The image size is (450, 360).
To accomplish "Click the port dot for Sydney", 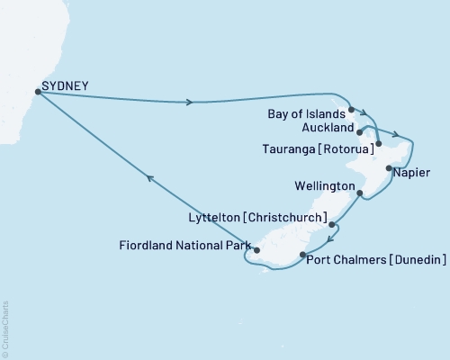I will [x=37, y=91].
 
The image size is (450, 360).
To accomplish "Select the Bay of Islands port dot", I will [x=351, y=108].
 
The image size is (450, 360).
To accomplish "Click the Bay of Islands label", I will [x=306, y=115].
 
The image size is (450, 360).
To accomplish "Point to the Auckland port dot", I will [x=361, y=130].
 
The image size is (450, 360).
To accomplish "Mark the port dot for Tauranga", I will [x=379, y=143].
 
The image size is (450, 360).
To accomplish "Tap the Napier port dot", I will [x=389, y=168].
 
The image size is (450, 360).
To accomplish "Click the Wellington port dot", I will [x=359, y=193].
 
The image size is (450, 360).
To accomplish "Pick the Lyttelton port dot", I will [x=332, y=224].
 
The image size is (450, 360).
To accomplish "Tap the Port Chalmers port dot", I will [x=301, y=256].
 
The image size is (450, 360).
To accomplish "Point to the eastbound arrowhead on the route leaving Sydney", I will [x=189, y=102].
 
